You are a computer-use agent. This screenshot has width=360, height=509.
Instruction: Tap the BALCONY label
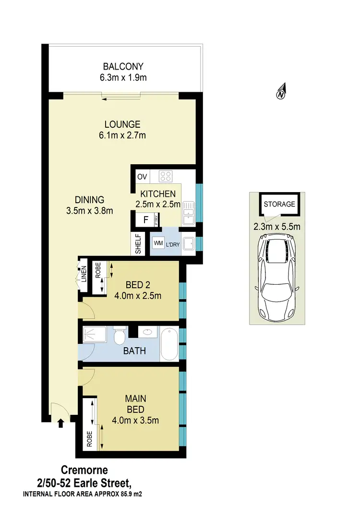125,66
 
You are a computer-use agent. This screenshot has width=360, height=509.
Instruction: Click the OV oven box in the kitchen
142,177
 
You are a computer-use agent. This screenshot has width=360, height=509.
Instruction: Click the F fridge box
145,220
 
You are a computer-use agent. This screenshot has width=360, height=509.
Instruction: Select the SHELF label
138,244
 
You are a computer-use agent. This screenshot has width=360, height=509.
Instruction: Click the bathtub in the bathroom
169,344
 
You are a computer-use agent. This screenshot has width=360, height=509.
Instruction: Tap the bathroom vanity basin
147,331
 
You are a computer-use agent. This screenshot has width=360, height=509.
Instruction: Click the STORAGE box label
279,204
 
